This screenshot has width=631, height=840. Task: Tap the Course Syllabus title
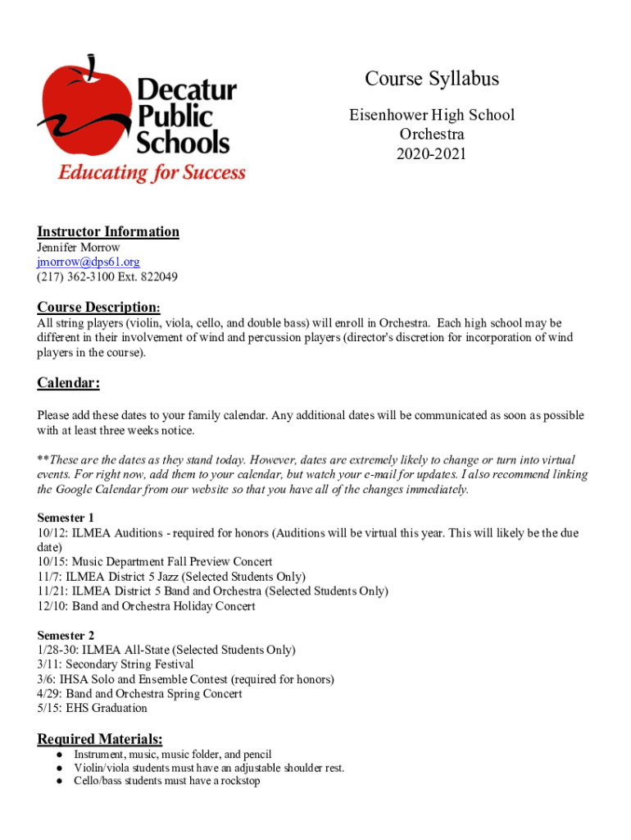coord(432,79)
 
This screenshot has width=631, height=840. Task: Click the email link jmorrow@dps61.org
coord(89,262)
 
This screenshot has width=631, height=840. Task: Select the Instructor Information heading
coord(108,231)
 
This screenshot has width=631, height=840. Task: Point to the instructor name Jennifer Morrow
coord(79,247)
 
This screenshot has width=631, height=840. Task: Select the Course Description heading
coord(98,307)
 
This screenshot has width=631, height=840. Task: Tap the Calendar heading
coord(69,383)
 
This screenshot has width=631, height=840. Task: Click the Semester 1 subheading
coord(66,518)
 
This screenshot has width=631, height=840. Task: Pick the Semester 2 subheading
coord(66,635)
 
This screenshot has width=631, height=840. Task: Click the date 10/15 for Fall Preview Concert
coord(52,562)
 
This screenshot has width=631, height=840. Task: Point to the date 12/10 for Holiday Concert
coord(52,606)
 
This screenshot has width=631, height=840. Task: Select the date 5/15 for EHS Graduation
coord(49,708)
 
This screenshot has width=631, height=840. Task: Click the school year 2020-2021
coord(432,153)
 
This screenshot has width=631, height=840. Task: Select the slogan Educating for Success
coord(151,173)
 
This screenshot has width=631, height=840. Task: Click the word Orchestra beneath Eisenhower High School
coord(432,134)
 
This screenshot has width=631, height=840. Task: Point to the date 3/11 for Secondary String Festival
coord(49,664)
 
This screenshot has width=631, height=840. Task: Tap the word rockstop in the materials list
coord(237,782)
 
